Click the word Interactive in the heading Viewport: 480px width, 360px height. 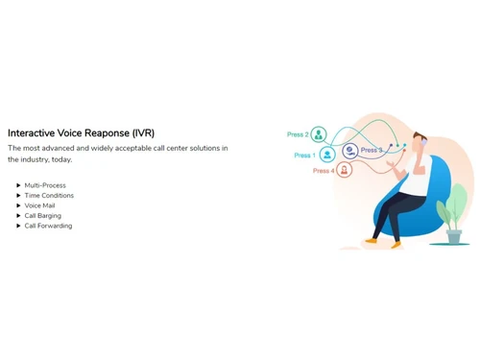[x=31, y=132]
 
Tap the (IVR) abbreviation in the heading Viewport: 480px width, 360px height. [x=143, y=133]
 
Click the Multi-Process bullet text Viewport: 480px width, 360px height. [x=45, y=185]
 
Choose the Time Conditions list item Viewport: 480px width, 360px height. [x=49, y=196]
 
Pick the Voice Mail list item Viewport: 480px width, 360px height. [x=39, y=205]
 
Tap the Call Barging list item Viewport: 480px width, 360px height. [x=43, y=216]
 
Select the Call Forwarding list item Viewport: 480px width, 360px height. [x=48, y=226]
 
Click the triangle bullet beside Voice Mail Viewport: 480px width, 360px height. [x=18, y=205]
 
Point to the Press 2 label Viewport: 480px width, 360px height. [x=298, y=134]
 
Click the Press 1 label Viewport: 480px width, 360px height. [x=304, y=156]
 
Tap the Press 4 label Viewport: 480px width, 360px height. [x=324, y=171]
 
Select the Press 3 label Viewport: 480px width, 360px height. [x=372, y=150]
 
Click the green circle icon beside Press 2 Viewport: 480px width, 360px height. [x=319, y=134]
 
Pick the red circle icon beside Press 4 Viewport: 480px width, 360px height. [x=344, y=170]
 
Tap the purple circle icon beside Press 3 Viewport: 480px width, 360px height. [x=350, y=151]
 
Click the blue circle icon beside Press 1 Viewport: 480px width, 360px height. [x=327, y=155]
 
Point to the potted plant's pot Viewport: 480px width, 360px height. [x=454, y=236]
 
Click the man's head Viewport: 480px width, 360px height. [x=419, y=141]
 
